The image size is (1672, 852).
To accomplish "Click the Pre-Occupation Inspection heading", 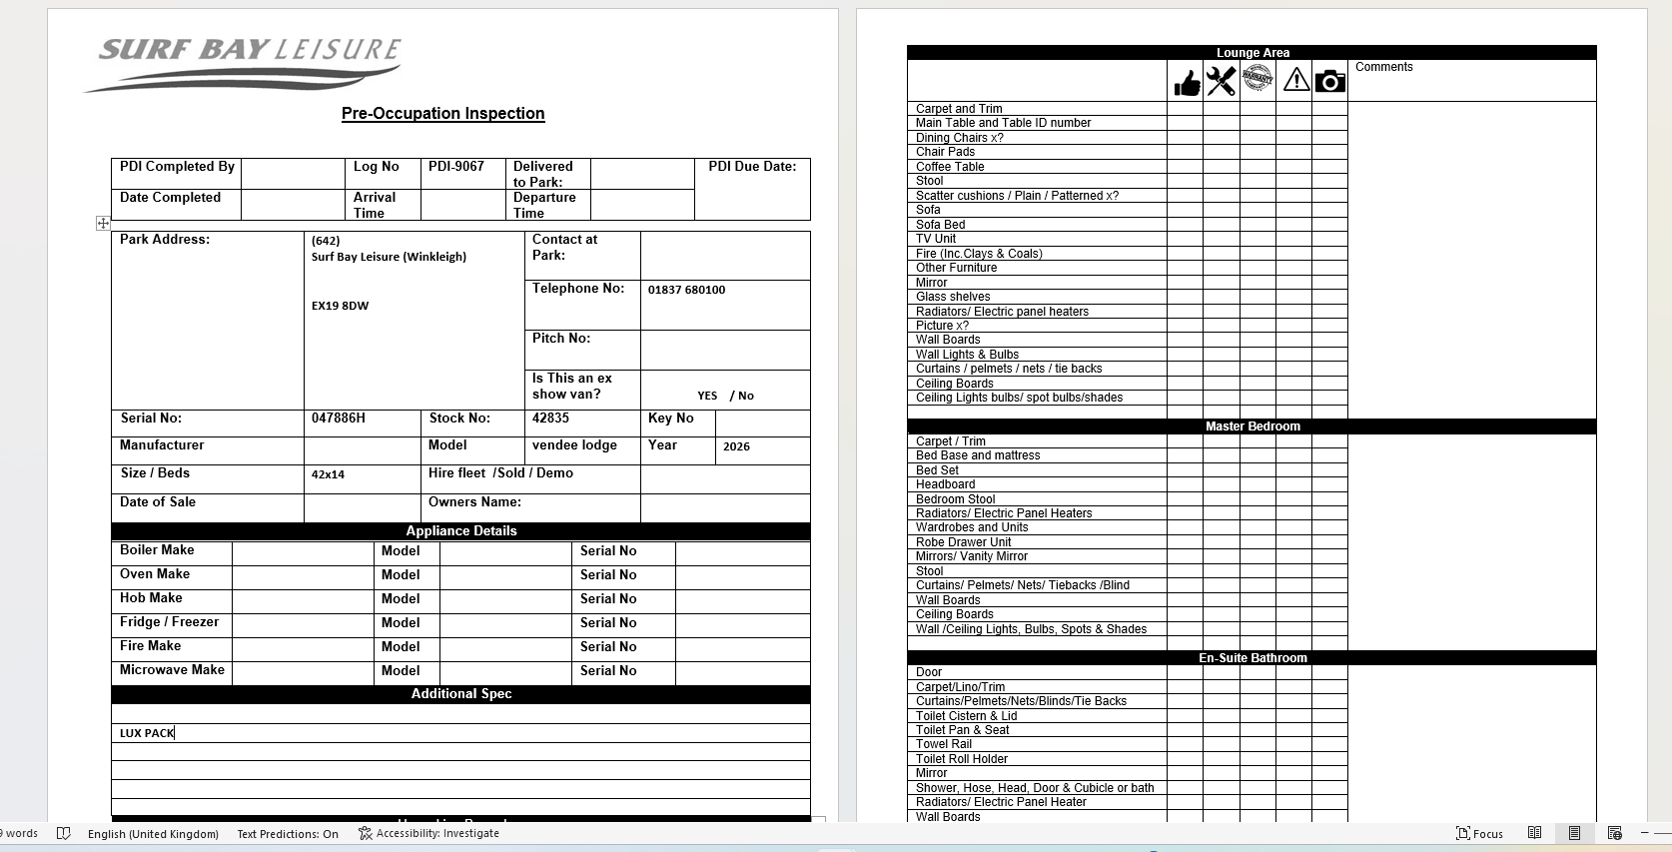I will (x=442, y=114).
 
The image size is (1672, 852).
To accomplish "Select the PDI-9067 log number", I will (x=456, y=167).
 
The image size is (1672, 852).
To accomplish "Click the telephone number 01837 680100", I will (x=686, y=290).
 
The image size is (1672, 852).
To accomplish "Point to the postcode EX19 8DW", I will (x=340, y=306).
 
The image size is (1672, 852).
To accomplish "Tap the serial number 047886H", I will (x=339, y=419).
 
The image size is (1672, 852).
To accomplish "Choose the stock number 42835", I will (x=550, y=419).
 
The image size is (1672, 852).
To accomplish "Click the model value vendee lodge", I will (x=574, y=445).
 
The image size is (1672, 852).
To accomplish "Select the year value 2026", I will (x=736, y=446).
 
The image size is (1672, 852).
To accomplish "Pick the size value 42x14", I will (x=328, y=474).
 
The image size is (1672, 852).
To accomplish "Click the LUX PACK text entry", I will (x=147, y=733).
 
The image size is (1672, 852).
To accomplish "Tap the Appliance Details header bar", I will (x=460, y=531).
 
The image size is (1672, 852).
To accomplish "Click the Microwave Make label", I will (x=172, y=670).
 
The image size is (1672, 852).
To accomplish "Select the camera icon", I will (x=1329, y=81).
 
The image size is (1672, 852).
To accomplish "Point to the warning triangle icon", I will (x=1295, y=80).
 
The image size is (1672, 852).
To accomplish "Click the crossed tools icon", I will (x=1221, y=81).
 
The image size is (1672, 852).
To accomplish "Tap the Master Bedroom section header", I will (x=1252, y=426).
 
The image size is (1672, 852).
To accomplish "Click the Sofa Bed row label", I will (x=940, y=225).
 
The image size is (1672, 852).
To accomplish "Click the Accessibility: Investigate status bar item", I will (x=428, y=833).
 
